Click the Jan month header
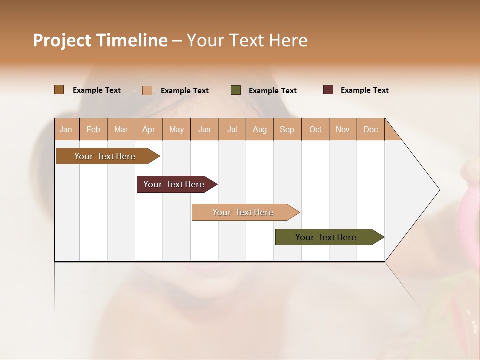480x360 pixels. point(66,129)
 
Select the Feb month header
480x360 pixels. point(93,129)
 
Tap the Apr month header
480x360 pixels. point(149,129)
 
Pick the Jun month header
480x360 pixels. point(204,129)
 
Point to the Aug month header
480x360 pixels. point(260,129)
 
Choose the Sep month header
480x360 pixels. point(287,129)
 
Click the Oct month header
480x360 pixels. point(315,129)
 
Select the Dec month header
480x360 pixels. point(371,129)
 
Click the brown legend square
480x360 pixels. point(59,90)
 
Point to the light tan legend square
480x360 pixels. point(147,90)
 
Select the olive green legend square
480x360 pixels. point(236,90)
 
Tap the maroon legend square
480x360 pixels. point(328,90)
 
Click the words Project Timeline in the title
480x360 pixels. point(100,40)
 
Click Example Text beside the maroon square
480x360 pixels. point(364,90)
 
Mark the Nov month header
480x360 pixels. point(343,129)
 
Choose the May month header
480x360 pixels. point(176,129)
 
